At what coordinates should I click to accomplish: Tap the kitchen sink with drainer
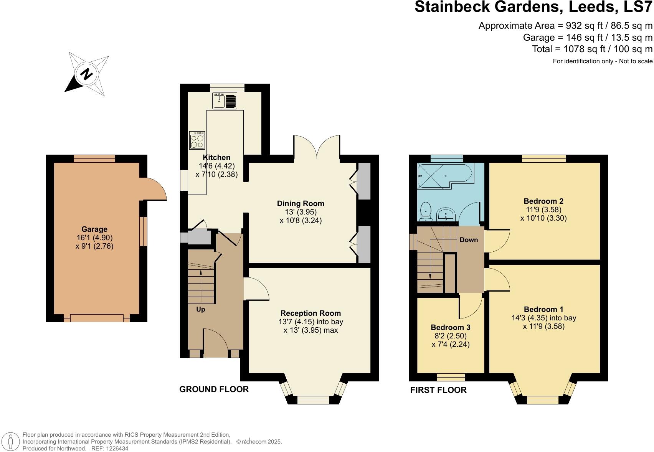(x=225, y=101)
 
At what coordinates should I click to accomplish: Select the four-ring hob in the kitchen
(x=197, y=140)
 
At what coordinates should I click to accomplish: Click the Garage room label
(x=94, y=229)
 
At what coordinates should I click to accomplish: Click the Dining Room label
(x=301, y=203)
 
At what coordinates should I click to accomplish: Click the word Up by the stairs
(x=201, y=309)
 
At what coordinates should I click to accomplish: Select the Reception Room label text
(x=310, y=313)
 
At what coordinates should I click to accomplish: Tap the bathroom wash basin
(x=446, y=214)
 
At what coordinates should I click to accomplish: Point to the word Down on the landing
(x=469, y=240)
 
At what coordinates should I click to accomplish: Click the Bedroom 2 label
(x=543, y=201)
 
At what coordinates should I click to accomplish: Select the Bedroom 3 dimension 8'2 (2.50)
(x=451, y=336)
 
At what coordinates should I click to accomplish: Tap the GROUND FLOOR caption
(x=214, y=389)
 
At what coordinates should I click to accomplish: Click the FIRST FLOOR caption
(x=438, y=390)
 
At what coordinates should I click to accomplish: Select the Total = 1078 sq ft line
(x=592, y=49)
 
